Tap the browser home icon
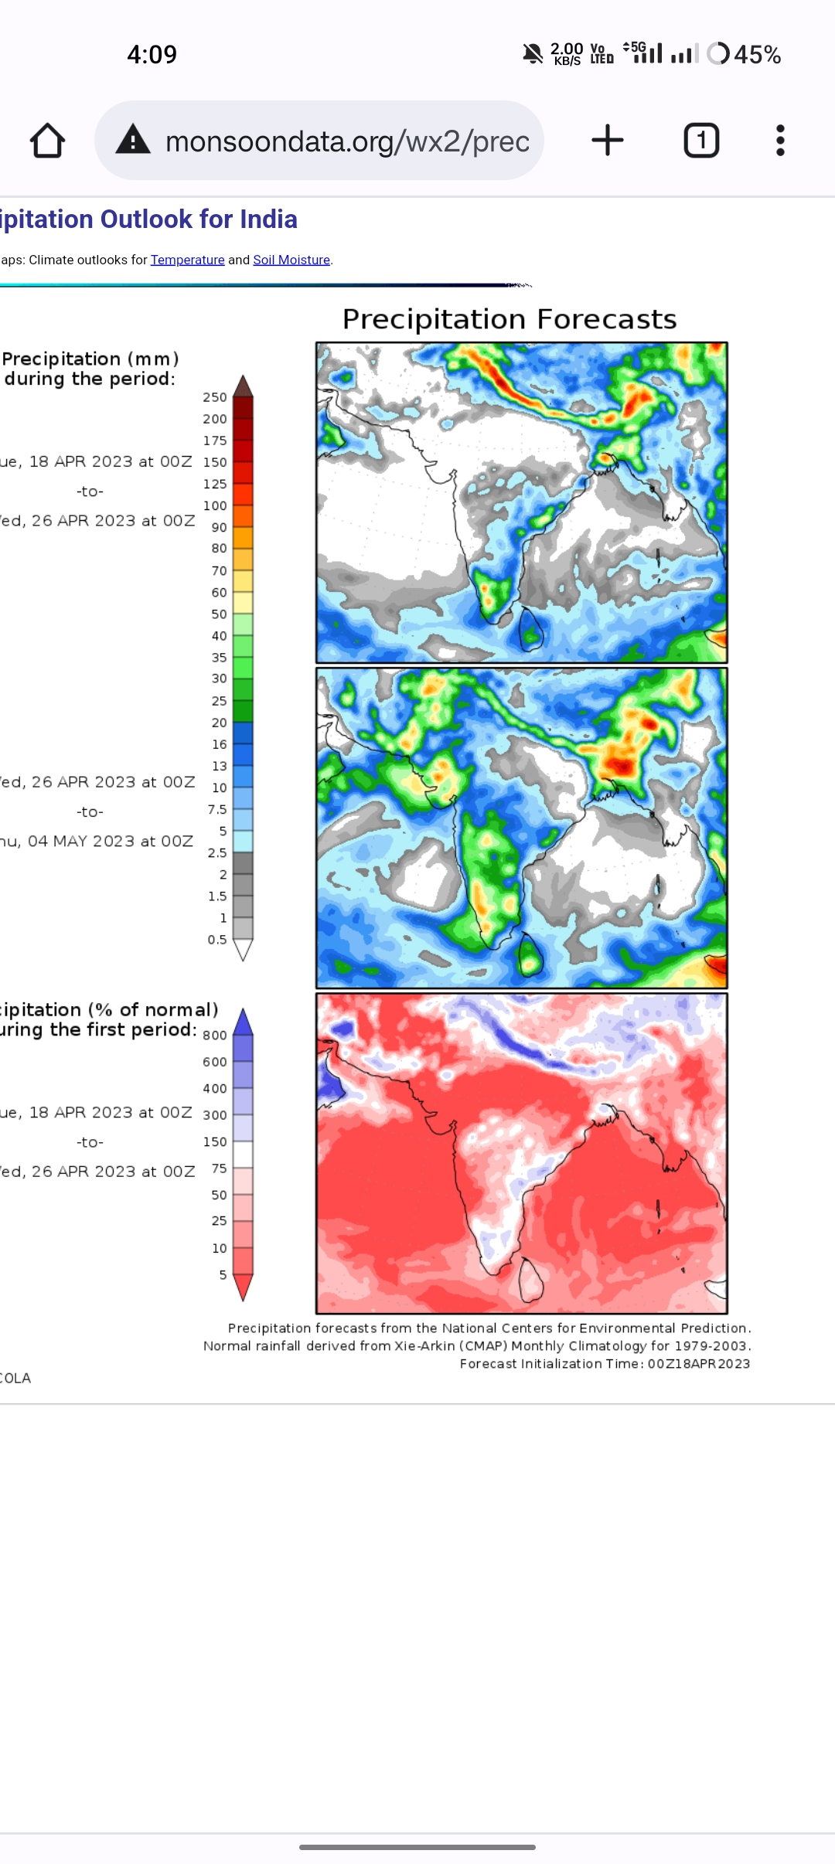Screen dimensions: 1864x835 [47, 141]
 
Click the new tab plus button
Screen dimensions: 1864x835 [608, 141]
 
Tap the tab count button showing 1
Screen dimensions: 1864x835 [701, 141]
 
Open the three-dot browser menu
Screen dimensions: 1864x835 [780, 141]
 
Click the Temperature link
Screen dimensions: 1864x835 [187, 260]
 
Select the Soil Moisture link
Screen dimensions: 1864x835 [291, 260]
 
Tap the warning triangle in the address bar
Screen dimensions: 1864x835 [133, 141]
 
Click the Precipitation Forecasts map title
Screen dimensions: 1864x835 [510, 319]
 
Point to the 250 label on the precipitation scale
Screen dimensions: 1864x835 [215, 397]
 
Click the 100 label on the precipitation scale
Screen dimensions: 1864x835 [215, 505]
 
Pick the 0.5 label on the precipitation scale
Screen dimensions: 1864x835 [216, 940]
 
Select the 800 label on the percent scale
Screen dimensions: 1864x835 [215, 1036]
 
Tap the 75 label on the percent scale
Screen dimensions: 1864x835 [219, 1168]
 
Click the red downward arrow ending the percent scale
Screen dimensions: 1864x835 [243, 1287]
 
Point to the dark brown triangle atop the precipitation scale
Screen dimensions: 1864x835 [243, 386]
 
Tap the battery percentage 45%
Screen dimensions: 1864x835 [757, 55]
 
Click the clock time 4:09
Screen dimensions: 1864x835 [152, 55]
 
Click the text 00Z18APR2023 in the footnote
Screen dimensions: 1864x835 [699, 1364]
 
